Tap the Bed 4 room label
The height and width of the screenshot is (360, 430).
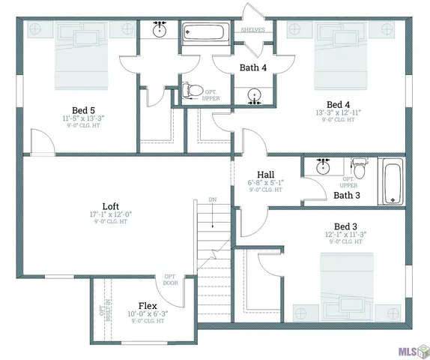(x=338, y=104)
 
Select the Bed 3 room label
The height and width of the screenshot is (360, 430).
(x=345, y=226)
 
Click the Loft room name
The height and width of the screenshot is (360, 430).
(x=110, y=206)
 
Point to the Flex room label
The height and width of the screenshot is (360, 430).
(x=147, y=306)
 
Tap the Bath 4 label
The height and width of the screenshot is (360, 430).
(x=252, y=68)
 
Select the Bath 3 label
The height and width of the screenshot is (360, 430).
(x=347, y=195)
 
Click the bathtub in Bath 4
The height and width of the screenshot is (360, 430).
(x=206, y=33)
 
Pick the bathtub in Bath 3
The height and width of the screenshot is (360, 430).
(x=392, y=181)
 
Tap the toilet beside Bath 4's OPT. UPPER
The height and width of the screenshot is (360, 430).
(x=193, y=91)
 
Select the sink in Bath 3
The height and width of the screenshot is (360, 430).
(x=323, y=166)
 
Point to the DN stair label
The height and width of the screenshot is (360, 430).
(x=213, y=200)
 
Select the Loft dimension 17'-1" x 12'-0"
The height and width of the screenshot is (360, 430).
(x=110, y=215)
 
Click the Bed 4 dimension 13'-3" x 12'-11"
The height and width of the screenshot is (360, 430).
(x=338, y=112)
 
